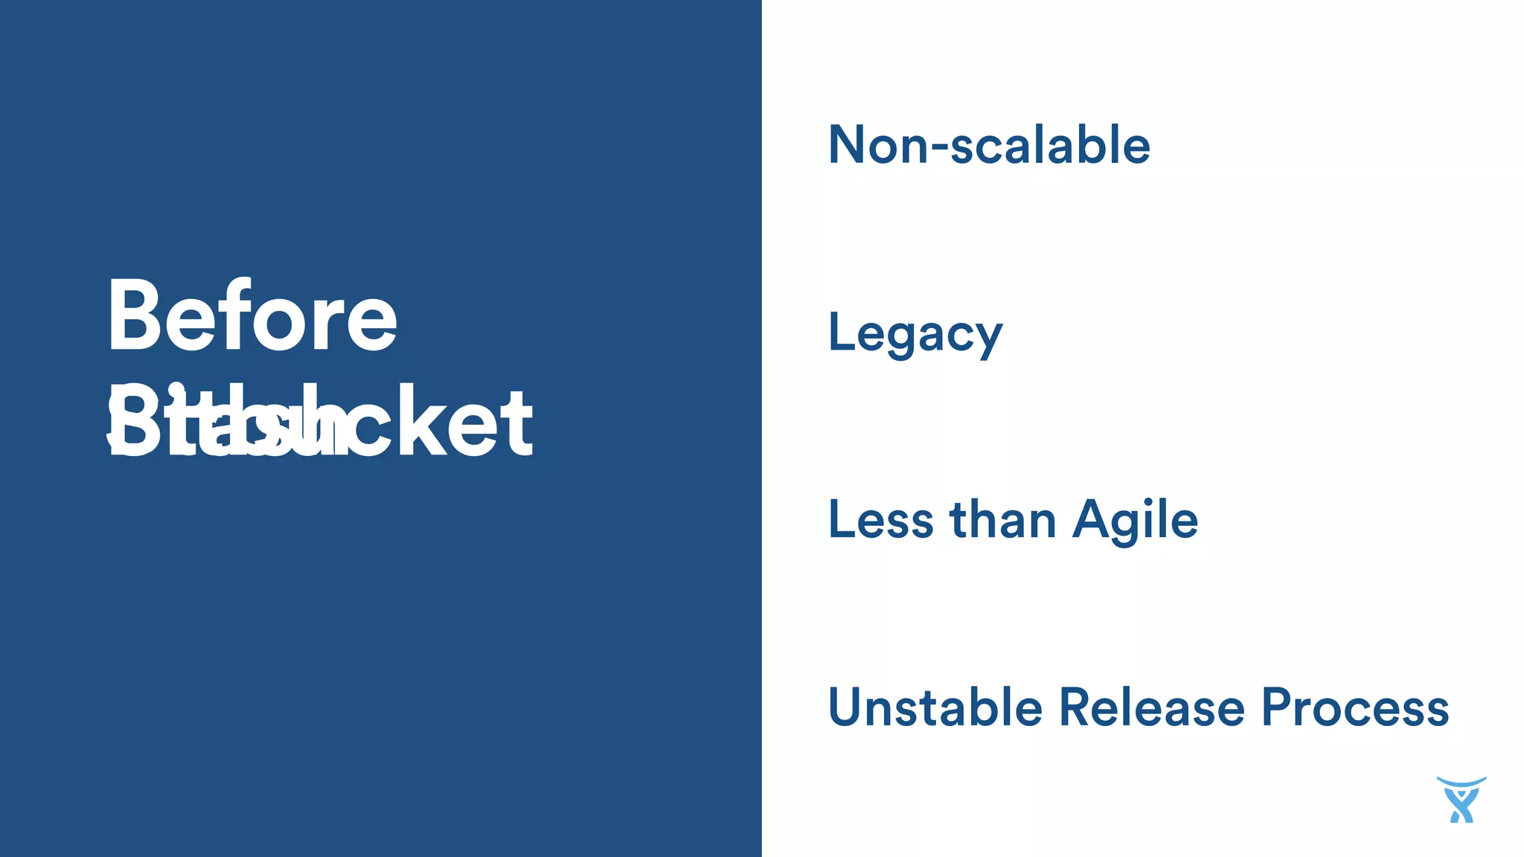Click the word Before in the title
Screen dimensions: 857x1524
(252, 316)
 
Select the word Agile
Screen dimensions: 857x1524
(1135, 521)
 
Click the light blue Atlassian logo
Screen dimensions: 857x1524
(1461, 800)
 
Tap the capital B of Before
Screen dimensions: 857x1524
(131, 316)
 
